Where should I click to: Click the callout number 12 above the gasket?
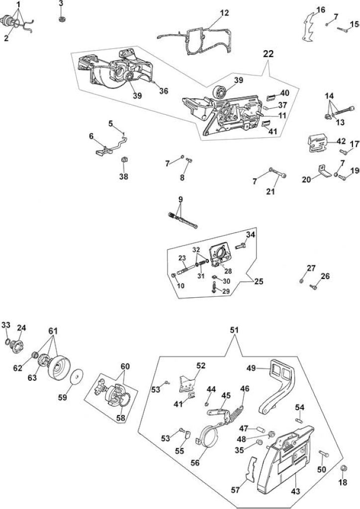224,13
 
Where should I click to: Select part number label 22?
269,54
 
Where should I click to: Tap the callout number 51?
234,330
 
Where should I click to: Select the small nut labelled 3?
61,18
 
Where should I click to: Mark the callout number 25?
259,281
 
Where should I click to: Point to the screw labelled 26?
313,287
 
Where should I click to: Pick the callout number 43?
295,491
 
